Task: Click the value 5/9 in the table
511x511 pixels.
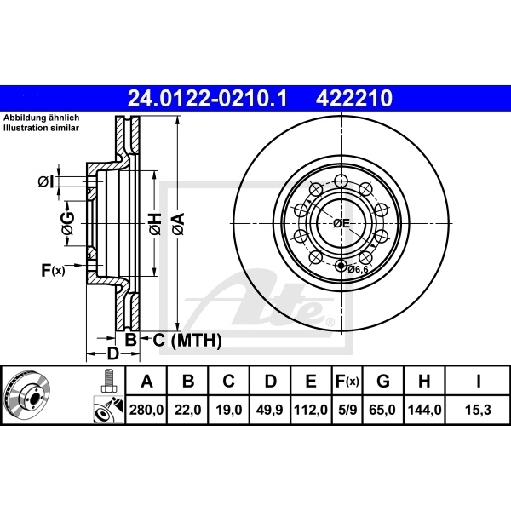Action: coord(347,410)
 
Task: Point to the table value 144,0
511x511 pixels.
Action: coord(425,410)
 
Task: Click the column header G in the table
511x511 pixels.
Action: coord(383,381)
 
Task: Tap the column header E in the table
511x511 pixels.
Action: coord(312,381)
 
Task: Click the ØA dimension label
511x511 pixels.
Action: coord(179,224)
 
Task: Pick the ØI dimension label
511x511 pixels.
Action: coord(46,181)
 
